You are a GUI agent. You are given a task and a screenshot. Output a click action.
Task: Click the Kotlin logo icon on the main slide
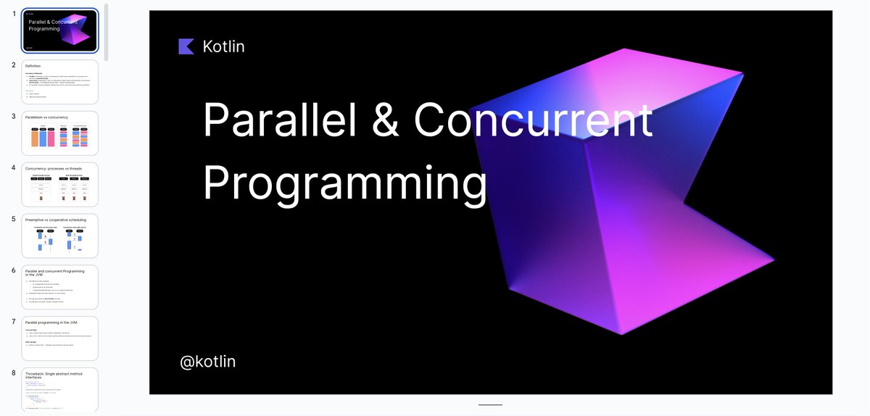186,46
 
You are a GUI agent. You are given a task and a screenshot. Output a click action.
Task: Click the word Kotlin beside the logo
223,46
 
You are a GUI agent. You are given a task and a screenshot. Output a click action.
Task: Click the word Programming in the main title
345,183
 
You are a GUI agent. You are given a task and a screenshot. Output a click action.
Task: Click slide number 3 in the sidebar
14,116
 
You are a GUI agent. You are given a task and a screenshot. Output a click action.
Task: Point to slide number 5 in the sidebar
14,218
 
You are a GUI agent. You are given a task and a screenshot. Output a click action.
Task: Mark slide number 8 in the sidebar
14,373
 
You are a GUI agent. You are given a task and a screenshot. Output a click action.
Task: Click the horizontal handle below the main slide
490,404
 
